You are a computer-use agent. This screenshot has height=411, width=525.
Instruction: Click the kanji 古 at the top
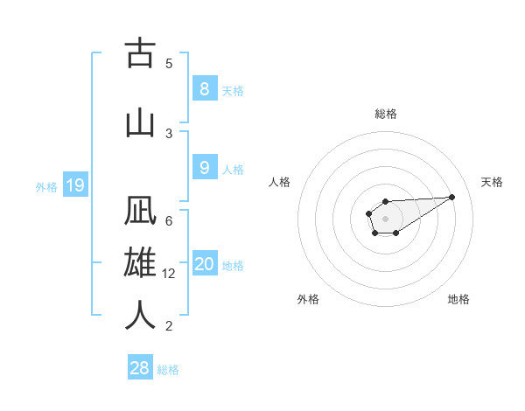point(140,54)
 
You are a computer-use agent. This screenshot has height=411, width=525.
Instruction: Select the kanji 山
point(140,122)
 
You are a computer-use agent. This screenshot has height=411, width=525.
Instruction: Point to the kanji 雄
point(140,265)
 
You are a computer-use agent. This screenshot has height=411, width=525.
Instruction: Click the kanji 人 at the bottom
point(140,316)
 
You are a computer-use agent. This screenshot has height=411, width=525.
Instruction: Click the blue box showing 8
point(204,89)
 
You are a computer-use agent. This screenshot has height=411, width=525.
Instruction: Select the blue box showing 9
point(204,168)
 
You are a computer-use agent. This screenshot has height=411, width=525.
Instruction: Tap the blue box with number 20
point(205,264)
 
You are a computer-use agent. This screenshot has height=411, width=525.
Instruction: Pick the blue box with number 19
point(74,185)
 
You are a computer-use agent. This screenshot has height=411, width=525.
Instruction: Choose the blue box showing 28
point(140,368)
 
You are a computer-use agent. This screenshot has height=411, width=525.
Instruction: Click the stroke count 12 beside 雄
point(170,274)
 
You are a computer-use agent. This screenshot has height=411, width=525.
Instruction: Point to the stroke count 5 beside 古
point(169,63)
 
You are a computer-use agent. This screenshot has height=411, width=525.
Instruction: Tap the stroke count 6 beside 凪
point(169,220)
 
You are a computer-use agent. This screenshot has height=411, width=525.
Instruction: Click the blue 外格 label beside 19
point(46,186)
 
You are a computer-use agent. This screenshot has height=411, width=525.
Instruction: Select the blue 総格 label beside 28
point(168,370)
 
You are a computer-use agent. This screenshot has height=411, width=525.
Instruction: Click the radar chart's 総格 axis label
point(385,114)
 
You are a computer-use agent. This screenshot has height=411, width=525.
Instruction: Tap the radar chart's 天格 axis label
point(493,182)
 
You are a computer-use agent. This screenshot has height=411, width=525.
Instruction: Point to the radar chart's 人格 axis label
point(279,182)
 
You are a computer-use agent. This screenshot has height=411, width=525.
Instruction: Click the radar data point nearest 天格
point(452,196)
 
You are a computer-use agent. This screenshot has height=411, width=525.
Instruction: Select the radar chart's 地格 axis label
point(458,299)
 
